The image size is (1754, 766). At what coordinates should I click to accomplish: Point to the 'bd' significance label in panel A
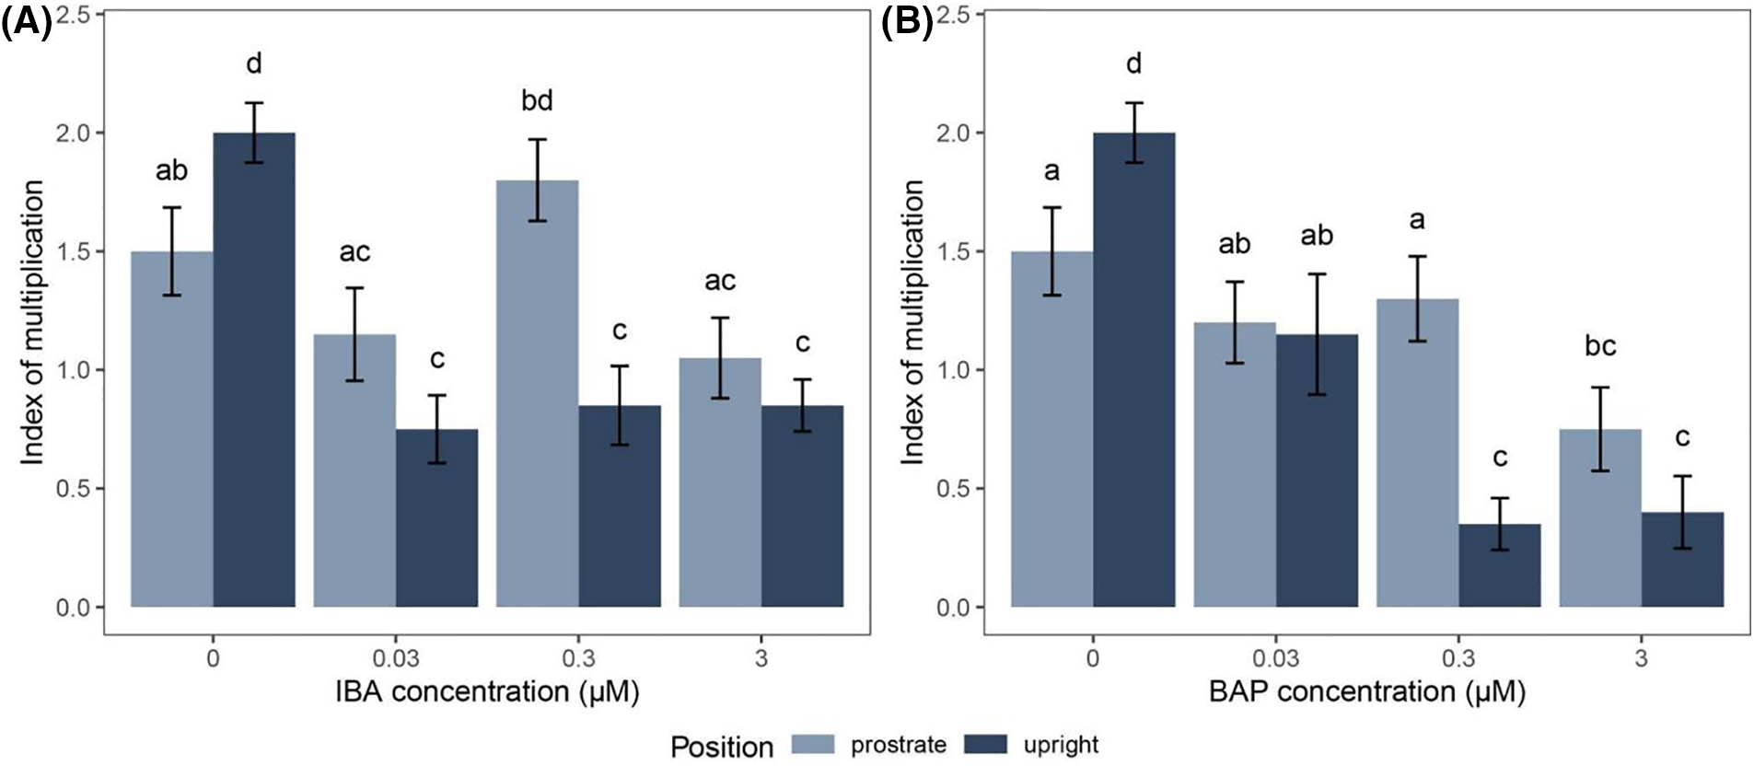[537, 100]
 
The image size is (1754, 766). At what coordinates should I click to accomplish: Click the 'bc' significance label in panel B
[1600, 346]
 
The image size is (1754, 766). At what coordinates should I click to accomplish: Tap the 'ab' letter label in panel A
[171, 170]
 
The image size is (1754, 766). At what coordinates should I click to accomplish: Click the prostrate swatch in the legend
[813, 745]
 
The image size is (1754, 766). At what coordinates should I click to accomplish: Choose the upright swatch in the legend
[985, 745]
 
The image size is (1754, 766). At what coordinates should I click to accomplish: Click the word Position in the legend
[722, 747]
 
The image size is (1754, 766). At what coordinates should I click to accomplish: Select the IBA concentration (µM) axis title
[487, 691]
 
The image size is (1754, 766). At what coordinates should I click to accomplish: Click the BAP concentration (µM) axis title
[1366, 691]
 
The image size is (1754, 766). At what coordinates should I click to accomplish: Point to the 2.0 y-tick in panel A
[73, 133]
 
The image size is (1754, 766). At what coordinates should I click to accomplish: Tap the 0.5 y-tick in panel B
[953, 489]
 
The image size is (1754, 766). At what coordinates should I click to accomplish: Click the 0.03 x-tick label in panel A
[396, 658]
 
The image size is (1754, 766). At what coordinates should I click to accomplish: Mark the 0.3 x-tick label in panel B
[1458, 658]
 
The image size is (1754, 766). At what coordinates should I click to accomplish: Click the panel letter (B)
[907, 20]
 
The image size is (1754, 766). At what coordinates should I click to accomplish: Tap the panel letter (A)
[27, 20]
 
